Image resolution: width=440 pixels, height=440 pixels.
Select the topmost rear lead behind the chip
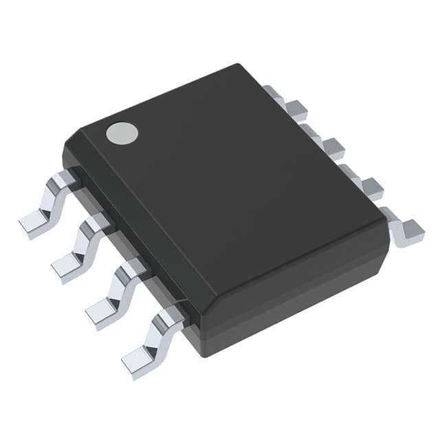[x=294, y=107]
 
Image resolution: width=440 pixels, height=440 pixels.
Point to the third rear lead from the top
[x=369, y=186]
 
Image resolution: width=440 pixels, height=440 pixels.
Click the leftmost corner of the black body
[x=63, y=155]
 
